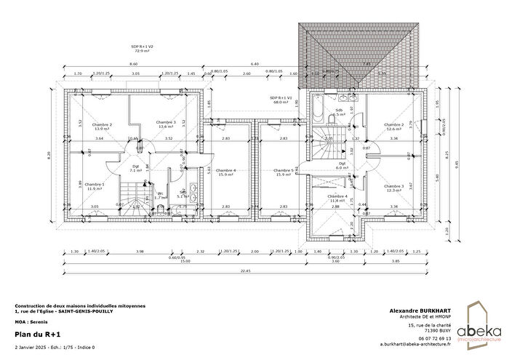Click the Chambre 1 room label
coord(95,185)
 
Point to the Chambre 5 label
coord(283,170)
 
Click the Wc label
coord(159,193)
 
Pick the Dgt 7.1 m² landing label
coord(136,168)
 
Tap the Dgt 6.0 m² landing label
coord(342,165)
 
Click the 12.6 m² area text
coord(393,129)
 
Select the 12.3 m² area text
coord(393,191)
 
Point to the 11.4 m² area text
coord(337,201)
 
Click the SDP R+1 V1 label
coord(280,100)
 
